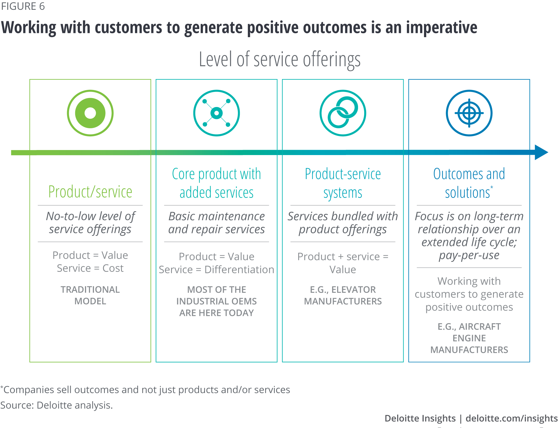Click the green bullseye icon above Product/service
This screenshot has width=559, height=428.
pyautogui.click(x=90, y=113)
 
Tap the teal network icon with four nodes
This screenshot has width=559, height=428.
pyautogui.click(x=217, y=113)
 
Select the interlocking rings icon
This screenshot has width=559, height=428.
pyautogui.click(x=343, y=113)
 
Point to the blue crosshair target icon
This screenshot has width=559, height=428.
pyautogui.click(x=469, y=113)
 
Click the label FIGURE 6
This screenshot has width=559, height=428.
pyautogui.click(x=23, y=6)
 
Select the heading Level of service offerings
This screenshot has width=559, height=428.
pyautogui.click(x=279, y=60)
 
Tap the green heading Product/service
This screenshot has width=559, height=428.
pyautogui.click(x=90, y=192)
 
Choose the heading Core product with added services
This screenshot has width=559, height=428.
pyautogui.click(x=217, y=183)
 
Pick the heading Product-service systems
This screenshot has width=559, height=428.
pyautogui.click(x=343, y=183)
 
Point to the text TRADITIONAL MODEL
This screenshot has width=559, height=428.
pyautogui.click(x=90, y=295)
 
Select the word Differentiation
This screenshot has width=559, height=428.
pyautogui.click(x=239, y=270)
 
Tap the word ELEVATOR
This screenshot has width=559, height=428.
pyautogui.click(x=354, y=290)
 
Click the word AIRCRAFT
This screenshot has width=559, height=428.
pyautogui.click(x=480, y=327)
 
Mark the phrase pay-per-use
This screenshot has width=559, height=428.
pyautogui.click(x=469, y=255)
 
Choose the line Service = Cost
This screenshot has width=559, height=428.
pyautogui.click(x=90, y=268)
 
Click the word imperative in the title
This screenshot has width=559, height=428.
pyautogui.click(x=442, y=28)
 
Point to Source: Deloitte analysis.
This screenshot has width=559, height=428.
pyautogui.click(x=57, y=405)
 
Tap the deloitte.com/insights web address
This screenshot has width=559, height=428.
pyautogui.click(x=511, y=418)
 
